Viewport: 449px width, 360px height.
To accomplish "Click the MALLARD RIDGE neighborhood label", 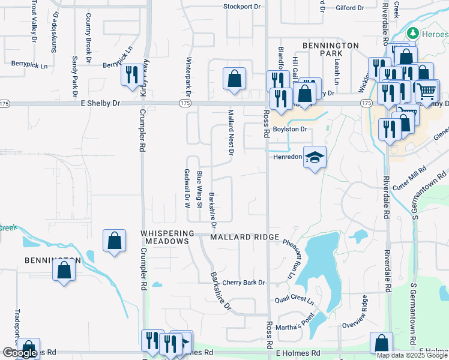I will pos(245,237).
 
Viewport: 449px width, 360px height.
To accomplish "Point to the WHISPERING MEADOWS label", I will pos(167,237).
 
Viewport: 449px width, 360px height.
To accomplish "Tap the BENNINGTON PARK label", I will pos(330,50).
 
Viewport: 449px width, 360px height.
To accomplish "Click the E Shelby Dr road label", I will pos(100,103).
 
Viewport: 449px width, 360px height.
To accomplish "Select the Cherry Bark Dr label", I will pos(243,283).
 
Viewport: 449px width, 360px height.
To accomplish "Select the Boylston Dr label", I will pos(290,129).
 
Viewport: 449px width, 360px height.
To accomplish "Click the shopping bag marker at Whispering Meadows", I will pos(114,242).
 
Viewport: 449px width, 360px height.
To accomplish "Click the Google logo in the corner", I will pos(20,353).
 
